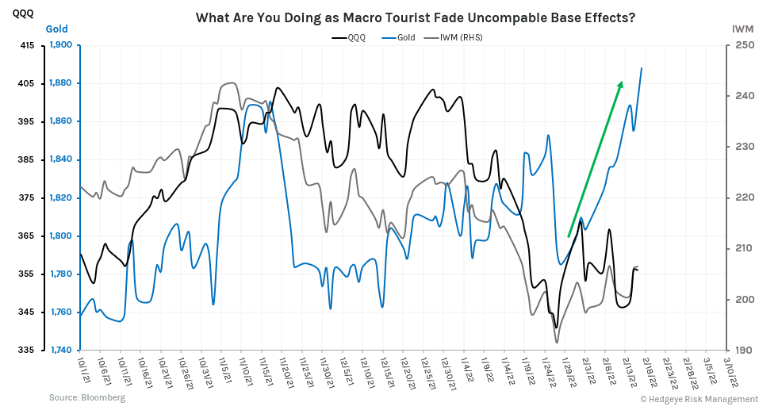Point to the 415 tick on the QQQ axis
pyautogui.click(x=26, y=45)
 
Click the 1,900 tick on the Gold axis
pyautogui.click(x=61, y=45)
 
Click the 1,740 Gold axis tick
pyautogui.click(x=61, y=351)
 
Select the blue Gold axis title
pyautogui.click(x=56, y=29)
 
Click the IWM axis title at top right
pyautogui.click(x=742, y=29)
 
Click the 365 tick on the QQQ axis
pyautogui.click(x=26, y=236)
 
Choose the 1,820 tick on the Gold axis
pyautogui.click(x=61, y=198)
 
